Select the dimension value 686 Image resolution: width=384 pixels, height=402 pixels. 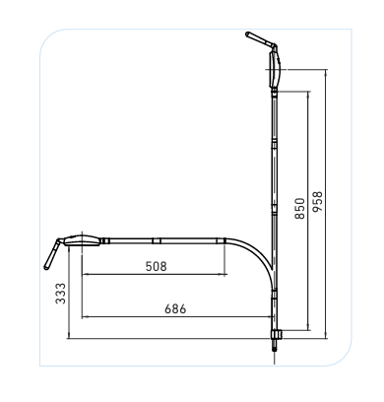click(173, 308)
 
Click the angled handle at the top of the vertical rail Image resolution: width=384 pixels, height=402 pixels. click(260, 40)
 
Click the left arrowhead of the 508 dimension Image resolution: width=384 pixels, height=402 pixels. click(86, 274)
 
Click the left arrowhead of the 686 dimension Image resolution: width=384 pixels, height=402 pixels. click(86, 317)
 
